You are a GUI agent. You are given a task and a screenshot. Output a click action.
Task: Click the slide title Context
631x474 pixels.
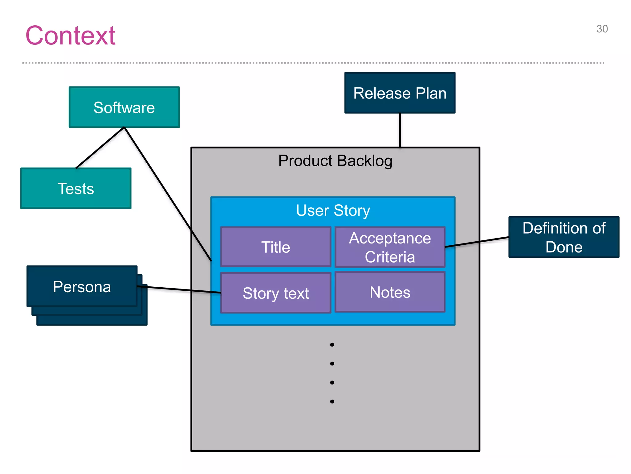(70, 35)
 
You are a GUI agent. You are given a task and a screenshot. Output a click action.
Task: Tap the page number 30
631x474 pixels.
(602, 29)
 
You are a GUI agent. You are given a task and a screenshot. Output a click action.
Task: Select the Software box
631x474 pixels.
(124, 107)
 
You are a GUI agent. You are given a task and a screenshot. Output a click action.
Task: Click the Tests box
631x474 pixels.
(76, 189)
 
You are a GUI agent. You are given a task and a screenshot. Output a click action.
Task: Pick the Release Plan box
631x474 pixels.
(400, 93)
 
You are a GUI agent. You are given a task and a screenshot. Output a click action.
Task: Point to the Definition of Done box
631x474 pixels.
(564, 237)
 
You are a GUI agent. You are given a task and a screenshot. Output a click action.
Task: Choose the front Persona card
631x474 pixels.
(82, 287)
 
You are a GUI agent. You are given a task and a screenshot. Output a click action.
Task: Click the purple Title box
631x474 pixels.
(276, 247)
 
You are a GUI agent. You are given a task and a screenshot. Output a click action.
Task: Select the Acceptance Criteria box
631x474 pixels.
(390, 247)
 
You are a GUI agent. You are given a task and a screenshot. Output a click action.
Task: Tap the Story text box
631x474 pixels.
(276, 293)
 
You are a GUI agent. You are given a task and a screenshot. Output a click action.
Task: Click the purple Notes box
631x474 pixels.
(390, 292)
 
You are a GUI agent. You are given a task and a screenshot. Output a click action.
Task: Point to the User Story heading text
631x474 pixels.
(333, 210)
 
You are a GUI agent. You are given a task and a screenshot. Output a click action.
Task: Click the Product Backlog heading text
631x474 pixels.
(335, 161)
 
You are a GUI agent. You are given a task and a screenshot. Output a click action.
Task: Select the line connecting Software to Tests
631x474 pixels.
(100, 148)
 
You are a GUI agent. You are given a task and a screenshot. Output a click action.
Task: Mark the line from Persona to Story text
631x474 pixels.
(179, 289)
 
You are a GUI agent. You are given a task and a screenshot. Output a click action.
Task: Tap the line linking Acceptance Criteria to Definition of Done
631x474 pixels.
(477, 242)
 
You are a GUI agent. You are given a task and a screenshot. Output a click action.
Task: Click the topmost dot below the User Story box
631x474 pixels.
(332, 345)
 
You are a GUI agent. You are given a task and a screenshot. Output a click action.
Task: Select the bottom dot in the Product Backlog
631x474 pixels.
(332, 401)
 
